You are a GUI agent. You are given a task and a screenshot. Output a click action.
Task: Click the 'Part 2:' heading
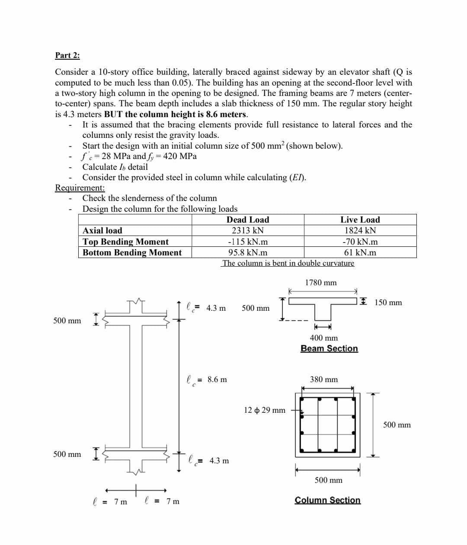click(x=67, y=55)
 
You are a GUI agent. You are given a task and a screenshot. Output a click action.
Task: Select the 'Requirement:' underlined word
click(x=80, y=188)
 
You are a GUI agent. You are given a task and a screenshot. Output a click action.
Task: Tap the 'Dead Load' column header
click(x=248, y=220)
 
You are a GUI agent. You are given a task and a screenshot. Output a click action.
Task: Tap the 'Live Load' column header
click(x=360, y=220)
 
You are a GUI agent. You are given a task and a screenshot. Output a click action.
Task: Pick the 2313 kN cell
click(x=248, y=230)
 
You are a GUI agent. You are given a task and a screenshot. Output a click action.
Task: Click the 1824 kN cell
click(x=360, y=230)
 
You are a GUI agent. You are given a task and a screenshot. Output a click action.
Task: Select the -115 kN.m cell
click(x=248, y=242)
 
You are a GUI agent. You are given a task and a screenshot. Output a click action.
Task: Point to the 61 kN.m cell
click(x=360, y=252)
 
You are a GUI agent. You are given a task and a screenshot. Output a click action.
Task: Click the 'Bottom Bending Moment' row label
click(x=132, y=252)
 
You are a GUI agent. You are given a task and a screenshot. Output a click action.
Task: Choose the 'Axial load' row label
click(x=102, y=230)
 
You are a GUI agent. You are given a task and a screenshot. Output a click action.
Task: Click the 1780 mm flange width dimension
click(x=321, y=283)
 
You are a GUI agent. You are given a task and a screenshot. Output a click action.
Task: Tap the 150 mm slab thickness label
click(x=388, y=303)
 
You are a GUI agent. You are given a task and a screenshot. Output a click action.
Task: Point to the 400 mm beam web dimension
click(x=324, y=338)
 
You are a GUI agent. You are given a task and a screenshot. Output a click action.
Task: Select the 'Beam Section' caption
click(x=329, y=348)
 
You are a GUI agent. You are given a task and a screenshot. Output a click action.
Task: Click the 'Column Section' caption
click(x=327, y=500)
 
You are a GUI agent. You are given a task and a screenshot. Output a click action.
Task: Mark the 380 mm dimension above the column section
click(x=324, y=379)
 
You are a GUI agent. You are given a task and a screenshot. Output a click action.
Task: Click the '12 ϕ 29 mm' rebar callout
click(x=265, y=410)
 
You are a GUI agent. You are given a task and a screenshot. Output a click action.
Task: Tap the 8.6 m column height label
click(x=217, y=379)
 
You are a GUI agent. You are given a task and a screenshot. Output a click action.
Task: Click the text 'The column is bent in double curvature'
click(x=288, y=263)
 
